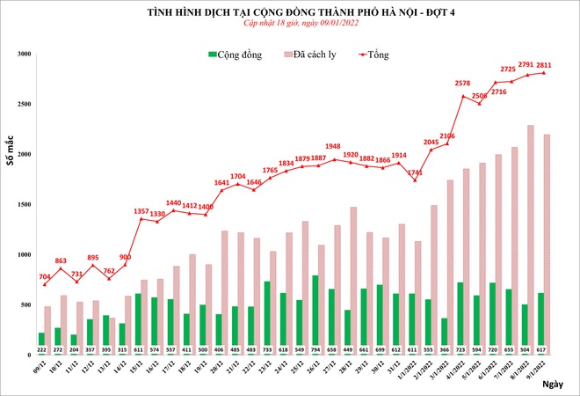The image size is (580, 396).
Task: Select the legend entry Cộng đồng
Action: tap(235, 55)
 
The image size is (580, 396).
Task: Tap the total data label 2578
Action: tap(462, 84)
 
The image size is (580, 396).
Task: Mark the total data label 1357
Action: tap(137, 210)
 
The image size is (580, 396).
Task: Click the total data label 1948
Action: tap(332, 146)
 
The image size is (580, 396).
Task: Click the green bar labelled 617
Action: tap(542, 324)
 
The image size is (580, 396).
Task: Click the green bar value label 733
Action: tap(267, 349)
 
